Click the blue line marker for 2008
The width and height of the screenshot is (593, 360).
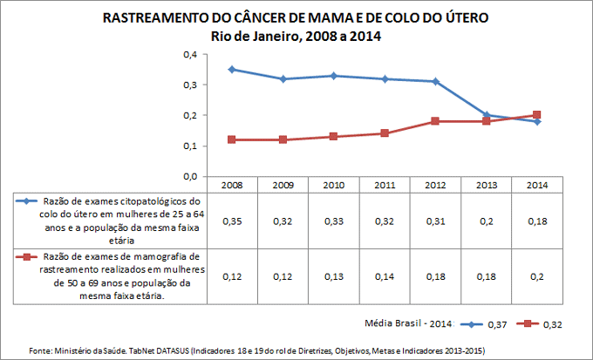(232, 69)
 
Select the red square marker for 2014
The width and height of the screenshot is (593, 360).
(536, 115)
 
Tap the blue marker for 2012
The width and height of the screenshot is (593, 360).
(435, 81)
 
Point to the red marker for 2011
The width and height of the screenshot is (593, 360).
(385, 133)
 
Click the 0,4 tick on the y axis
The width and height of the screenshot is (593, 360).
(188, 54)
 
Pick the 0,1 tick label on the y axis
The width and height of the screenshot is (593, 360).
(188, 146)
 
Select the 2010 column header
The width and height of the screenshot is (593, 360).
(333, 185)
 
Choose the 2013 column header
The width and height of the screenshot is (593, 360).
(486, 185)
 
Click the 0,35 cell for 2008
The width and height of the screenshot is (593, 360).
(232, 221)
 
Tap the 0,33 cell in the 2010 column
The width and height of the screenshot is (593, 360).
(333, 221)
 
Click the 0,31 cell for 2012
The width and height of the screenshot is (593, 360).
(435, 221)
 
